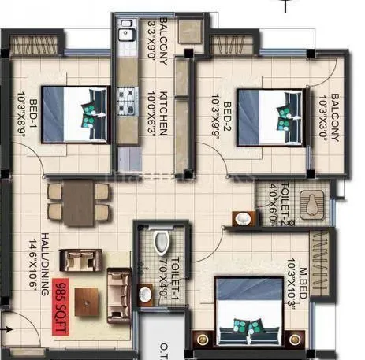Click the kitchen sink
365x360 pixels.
125,33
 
